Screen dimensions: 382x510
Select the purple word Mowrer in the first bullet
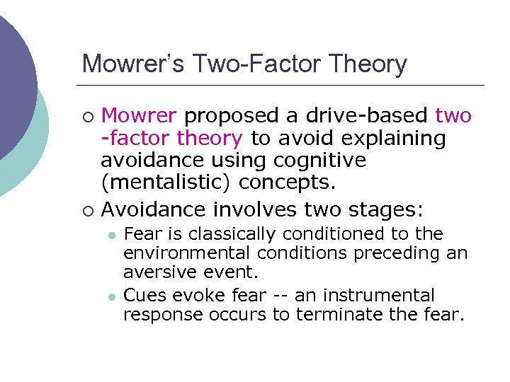[x=141, y=115]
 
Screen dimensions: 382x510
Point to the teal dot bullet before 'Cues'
[x=111, y=296]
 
